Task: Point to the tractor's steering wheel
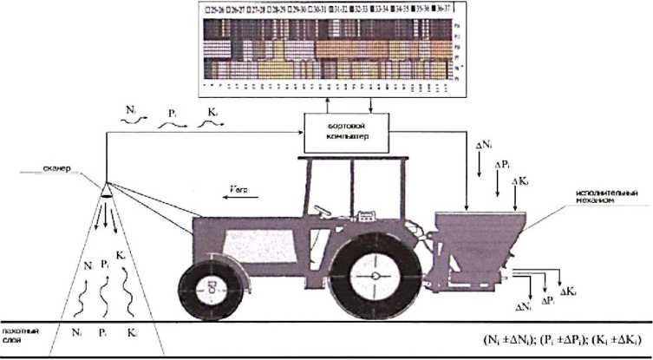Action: click(x=323, y=210)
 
